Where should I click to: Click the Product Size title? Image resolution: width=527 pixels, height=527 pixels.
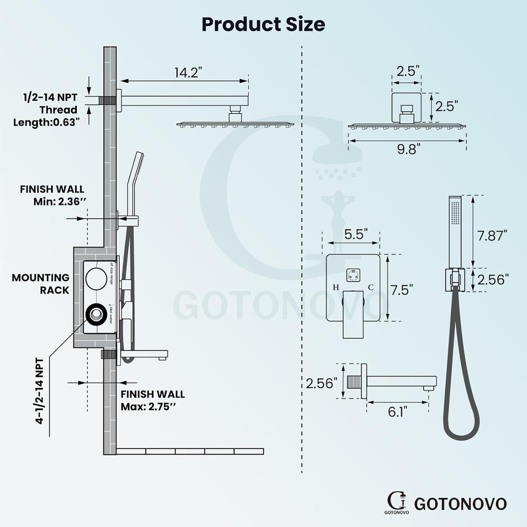tap(263, 24)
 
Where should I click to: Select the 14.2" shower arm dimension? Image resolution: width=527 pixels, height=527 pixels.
tap(189, 73)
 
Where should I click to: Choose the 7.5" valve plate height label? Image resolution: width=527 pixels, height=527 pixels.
tap(401, 289)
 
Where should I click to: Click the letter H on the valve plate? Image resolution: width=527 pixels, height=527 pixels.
tap(335, 287)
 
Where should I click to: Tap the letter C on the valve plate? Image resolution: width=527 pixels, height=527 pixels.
tap(370, 287)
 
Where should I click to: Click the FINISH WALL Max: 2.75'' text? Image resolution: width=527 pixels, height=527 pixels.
tap(153, 401)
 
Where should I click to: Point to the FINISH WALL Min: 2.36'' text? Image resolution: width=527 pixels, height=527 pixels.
tap(52, 195)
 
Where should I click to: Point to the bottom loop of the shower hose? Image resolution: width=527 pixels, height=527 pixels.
tap(461, 430)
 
